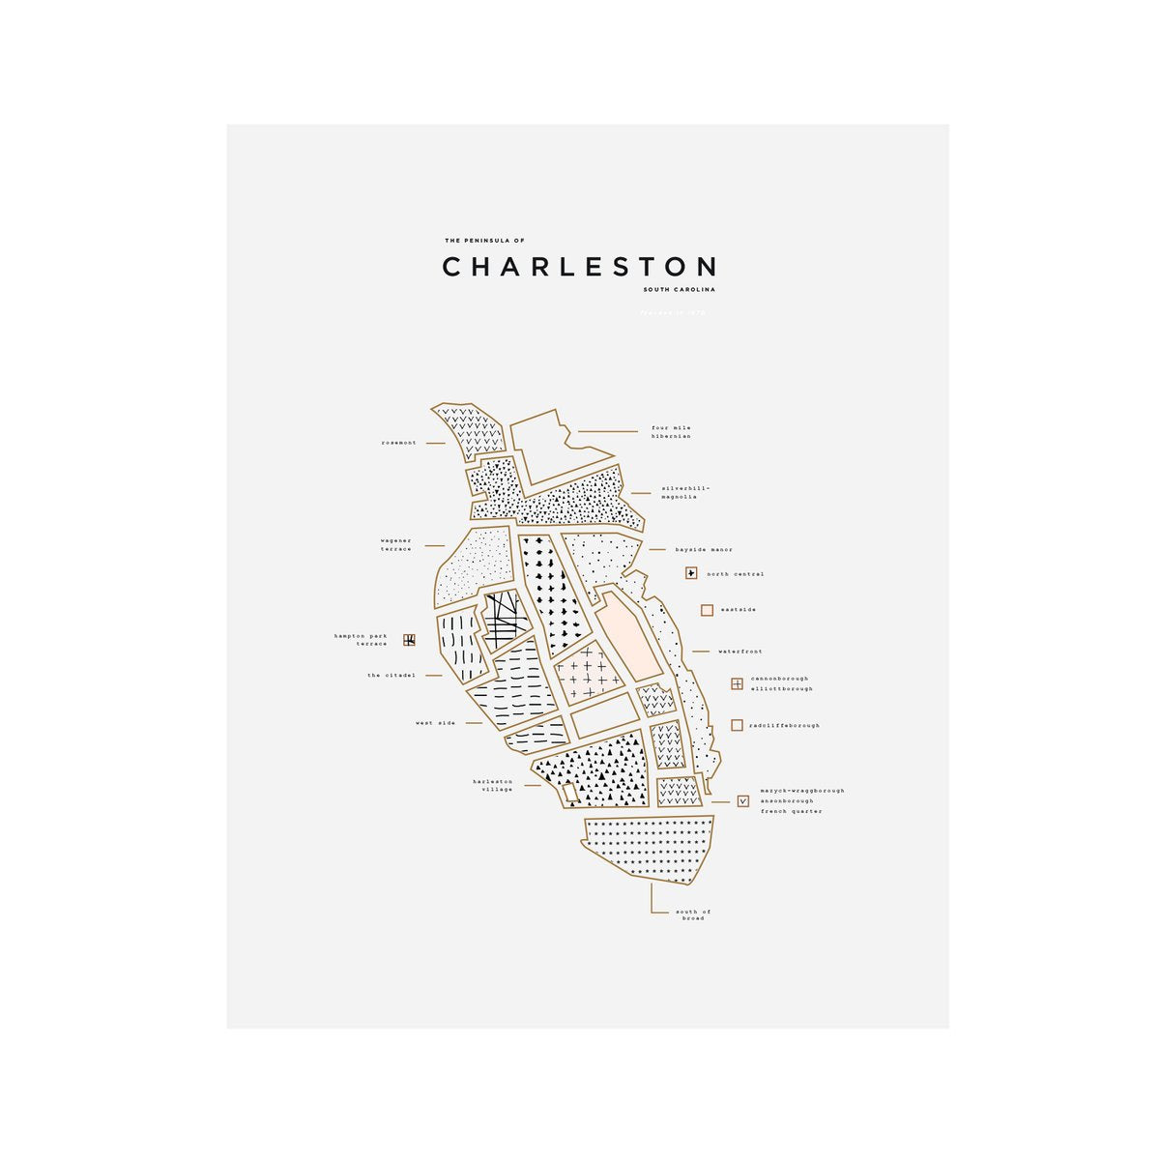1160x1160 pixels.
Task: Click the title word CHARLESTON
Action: click(x=579, y=267)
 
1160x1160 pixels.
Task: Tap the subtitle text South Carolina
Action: click(x=679, y=289)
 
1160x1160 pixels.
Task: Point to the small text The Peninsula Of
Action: click(x=484, y=241)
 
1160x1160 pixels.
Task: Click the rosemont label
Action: click(x=398, y=443)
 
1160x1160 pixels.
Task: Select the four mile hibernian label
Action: click(x=671, y=432)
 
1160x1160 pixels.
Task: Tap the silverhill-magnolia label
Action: click(x=685, y=493)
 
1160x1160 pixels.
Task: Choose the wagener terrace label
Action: click(x=396, y=545)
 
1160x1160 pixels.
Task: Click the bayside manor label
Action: click(x=704, y=550)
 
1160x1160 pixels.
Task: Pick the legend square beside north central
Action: click(x=691, y=573)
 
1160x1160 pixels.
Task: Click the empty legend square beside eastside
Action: click(x=708, y=610)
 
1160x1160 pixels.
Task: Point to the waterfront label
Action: click(x=739, y=652)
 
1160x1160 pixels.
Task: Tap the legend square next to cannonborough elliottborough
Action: click(x=738, y=683)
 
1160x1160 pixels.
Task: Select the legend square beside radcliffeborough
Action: click(x=738, y=725)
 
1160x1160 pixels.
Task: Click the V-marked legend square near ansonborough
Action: click(x=743, y=800)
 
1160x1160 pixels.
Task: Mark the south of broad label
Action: click(x=693, y=914)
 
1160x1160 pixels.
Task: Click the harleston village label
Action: click(x=493, y=785)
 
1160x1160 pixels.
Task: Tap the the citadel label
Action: click(x=391, y=676)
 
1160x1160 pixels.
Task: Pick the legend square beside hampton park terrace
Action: click(x=410, y=639)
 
